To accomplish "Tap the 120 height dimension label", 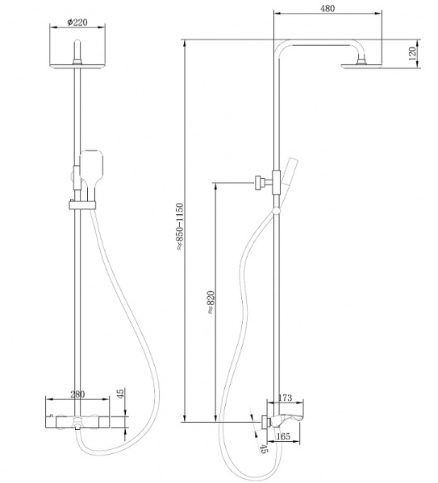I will [x=411, y=55].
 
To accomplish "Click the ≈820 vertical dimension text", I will [x=209, y=300].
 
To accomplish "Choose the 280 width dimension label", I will [x=77, y=394].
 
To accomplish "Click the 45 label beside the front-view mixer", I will [x=120, y=394].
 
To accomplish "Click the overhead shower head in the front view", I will [x=79, y=66].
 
